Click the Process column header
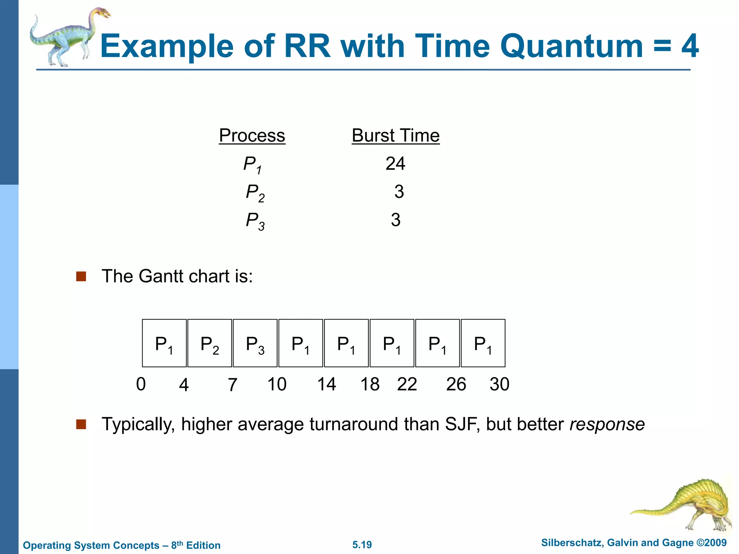tap(252, 136)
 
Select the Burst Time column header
tap(395, 136)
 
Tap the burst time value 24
tap(395, 164)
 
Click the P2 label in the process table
tap(255, 192)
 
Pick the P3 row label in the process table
tap(255, 220)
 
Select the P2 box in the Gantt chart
tap(210, 343)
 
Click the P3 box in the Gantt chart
tap(255, 343)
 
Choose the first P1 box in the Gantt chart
tap(164, 343)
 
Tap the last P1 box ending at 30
tap(483, 343)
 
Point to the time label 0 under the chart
tap(141, 384)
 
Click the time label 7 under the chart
tap(232, 385)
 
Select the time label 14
tap(327, 384)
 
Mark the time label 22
tap(407, 384)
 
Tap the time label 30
tap(499, 384)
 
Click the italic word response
tap(607, 424)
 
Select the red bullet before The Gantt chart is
tap(81, 277)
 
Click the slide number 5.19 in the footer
tap(362, 545)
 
